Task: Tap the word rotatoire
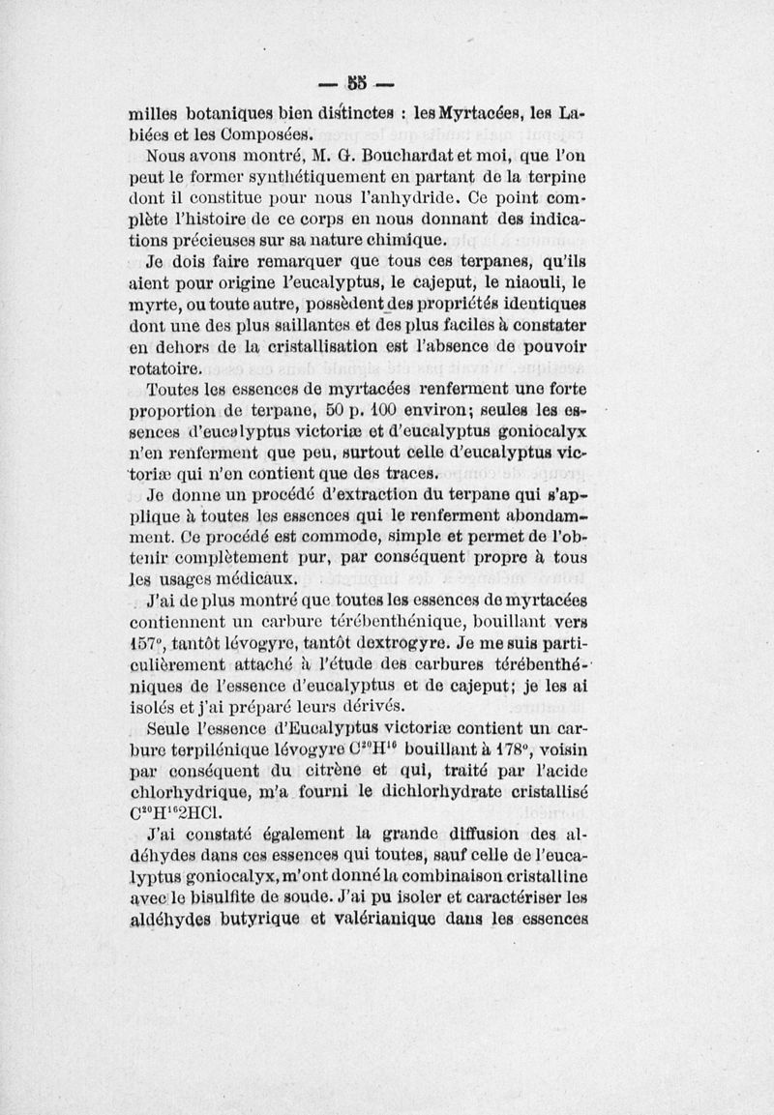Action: pos(164,368)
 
